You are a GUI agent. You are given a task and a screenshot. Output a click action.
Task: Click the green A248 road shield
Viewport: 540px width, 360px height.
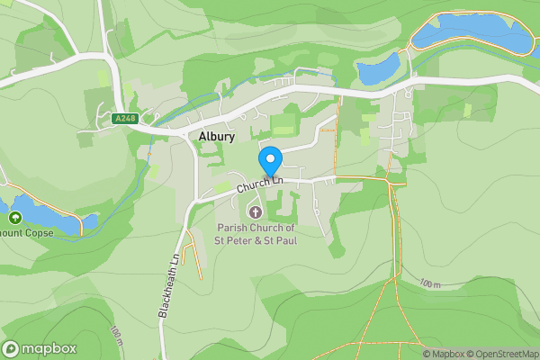tap(125, 118)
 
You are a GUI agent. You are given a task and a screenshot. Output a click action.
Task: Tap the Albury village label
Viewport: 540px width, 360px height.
tap(217, 137)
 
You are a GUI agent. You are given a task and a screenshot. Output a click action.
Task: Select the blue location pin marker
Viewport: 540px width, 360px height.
tap(270, 160)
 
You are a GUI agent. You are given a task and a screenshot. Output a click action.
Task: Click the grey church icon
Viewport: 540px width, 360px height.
tap(256, 212)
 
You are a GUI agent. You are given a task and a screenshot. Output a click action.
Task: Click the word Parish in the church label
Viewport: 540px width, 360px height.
tap(232, 228)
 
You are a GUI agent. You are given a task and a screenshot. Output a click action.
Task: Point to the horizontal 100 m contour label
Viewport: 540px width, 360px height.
tap(433, 283)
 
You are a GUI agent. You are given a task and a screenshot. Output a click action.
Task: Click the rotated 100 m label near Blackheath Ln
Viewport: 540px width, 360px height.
tap(116, 337)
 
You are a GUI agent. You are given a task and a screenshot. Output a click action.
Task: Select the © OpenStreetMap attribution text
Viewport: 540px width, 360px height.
tap(503, 354)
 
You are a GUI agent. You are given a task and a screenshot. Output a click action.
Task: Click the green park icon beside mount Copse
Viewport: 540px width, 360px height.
tap(14, 218)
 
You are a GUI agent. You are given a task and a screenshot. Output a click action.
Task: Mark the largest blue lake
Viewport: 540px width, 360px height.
tap(472, 33)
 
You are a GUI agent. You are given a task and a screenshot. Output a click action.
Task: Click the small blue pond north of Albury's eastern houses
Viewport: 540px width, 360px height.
tap(378, 68)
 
